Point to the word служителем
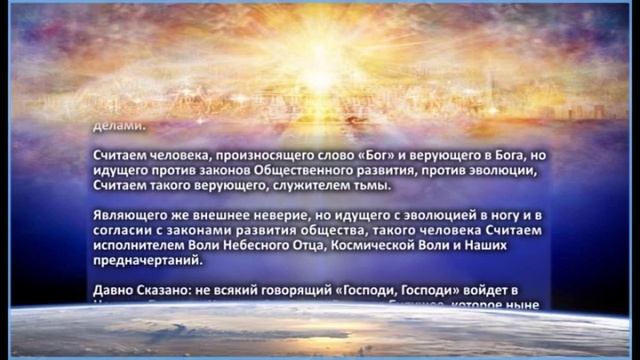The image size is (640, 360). (x=293, y=186)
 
